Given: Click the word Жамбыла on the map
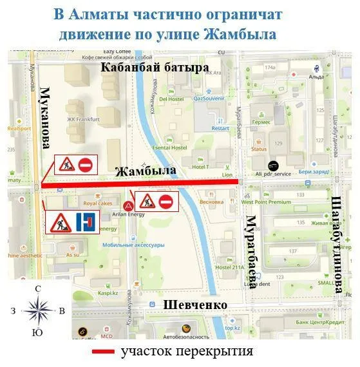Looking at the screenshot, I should click(145, 172).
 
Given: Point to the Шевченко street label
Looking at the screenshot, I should click(194, 305).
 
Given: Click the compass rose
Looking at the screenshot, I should click(39, 310).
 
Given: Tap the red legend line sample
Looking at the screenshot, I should click(103, 352).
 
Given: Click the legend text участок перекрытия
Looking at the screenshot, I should click(187, 352).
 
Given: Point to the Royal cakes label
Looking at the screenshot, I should click(97, 203).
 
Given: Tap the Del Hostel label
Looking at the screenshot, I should click(171, 99).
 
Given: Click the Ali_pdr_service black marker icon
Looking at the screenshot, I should click(274, 165).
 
